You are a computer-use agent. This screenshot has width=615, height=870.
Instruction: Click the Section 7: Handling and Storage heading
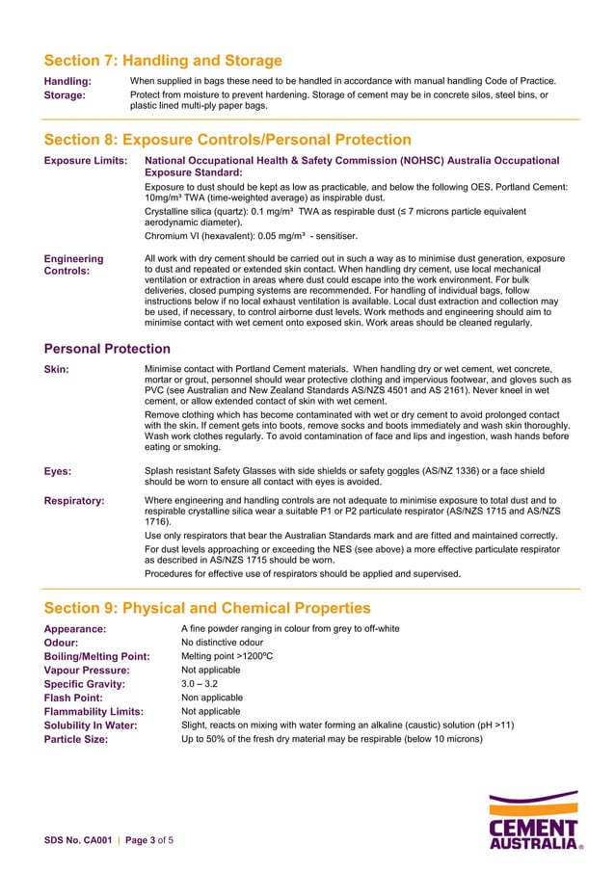point(163,61)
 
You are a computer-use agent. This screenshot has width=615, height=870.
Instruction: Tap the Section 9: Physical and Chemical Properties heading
point(207,608)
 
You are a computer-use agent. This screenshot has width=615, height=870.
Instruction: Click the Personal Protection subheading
point(108,348)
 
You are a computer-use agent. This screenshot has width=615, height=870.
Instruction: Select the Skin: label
point(57,369)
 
